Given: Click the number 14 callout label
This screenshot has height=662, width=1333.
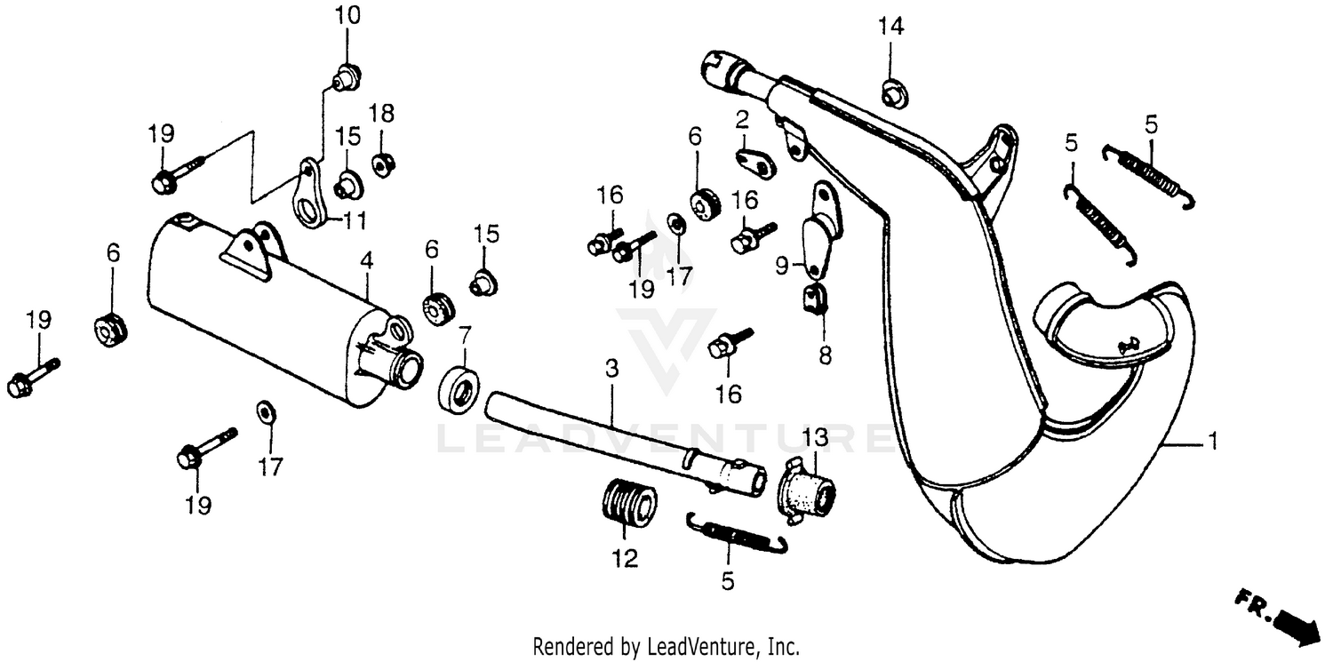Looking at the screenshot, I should (x=891, y=28).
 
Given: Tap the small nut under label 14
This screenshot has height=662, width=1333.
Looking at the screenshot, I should (x=891, y=90).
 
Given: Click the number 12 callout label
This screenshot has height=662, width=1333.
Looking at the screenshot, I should (x=624, y=559).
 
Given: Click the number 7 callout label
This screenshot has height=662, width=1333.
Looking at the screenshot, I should (x=464, y=337).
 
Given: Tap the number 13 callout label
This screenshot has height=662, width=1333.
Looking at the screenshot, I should (x=815, y=437).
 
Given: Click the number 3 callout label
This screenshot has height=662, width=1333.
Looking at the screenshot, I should (x=611, y=367).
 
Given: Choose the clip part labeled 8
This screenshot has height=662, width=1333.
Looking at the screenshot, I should (x=816, y=300).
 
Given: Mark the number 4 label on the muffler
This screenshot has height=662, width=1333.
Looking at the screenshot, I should (x=367, y=261).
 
